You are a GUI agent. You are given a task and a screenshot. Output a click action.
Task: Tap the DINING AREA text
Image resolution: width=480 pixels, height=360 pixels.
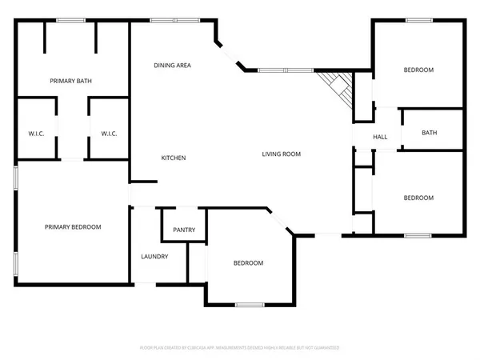pos(172,65)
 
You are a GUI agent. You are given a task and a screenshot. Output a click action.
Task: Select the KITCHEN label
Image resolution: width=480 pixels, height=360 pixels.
pos(174,158)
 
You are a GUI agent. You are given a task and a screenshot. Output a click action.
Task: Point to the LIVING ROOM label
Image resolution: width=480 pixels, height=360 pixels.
pos(282,154)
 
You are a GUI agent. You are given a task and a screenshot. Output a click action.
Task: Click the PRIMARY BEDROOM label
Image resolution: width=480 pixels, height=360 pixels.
pos(72,227)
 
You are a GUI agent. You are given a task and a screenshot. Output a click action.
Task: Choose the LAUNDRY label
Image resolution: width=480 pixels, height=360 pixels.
pos(154,256)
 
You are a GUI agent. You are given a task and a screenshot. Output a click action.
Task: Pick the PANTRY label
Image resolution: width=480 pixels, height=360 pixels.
pos(184,230)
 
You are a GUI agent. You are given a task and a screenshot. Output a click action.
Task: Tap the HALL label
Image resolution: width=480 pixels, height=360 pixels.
pos(380,137)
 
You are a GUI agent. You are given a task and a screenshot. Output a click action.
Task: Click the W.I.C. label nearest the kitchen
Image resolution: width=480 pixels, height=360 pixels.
pos(109,134)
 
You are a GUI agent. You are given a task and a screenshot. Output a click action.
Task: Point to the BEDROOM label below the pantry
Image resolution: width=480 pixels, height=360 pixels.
pos(248,263)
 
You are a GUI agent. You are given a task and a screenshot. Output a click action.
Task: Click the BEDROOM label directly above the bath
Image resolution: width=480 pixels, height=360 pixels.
pos(418,70)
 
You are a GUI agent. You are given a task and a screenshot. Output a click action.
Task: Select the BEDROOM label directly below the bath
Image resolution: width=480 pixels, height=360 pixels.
pos(418,198)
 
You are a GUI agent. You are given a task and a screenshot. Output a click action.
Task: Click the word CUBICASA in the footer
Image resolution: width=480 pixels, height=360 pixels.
pos(203,348)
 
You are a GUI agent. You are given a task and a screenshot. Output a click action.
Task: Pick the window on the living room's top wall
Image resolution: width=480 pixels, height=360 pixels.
pos(285,70)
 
